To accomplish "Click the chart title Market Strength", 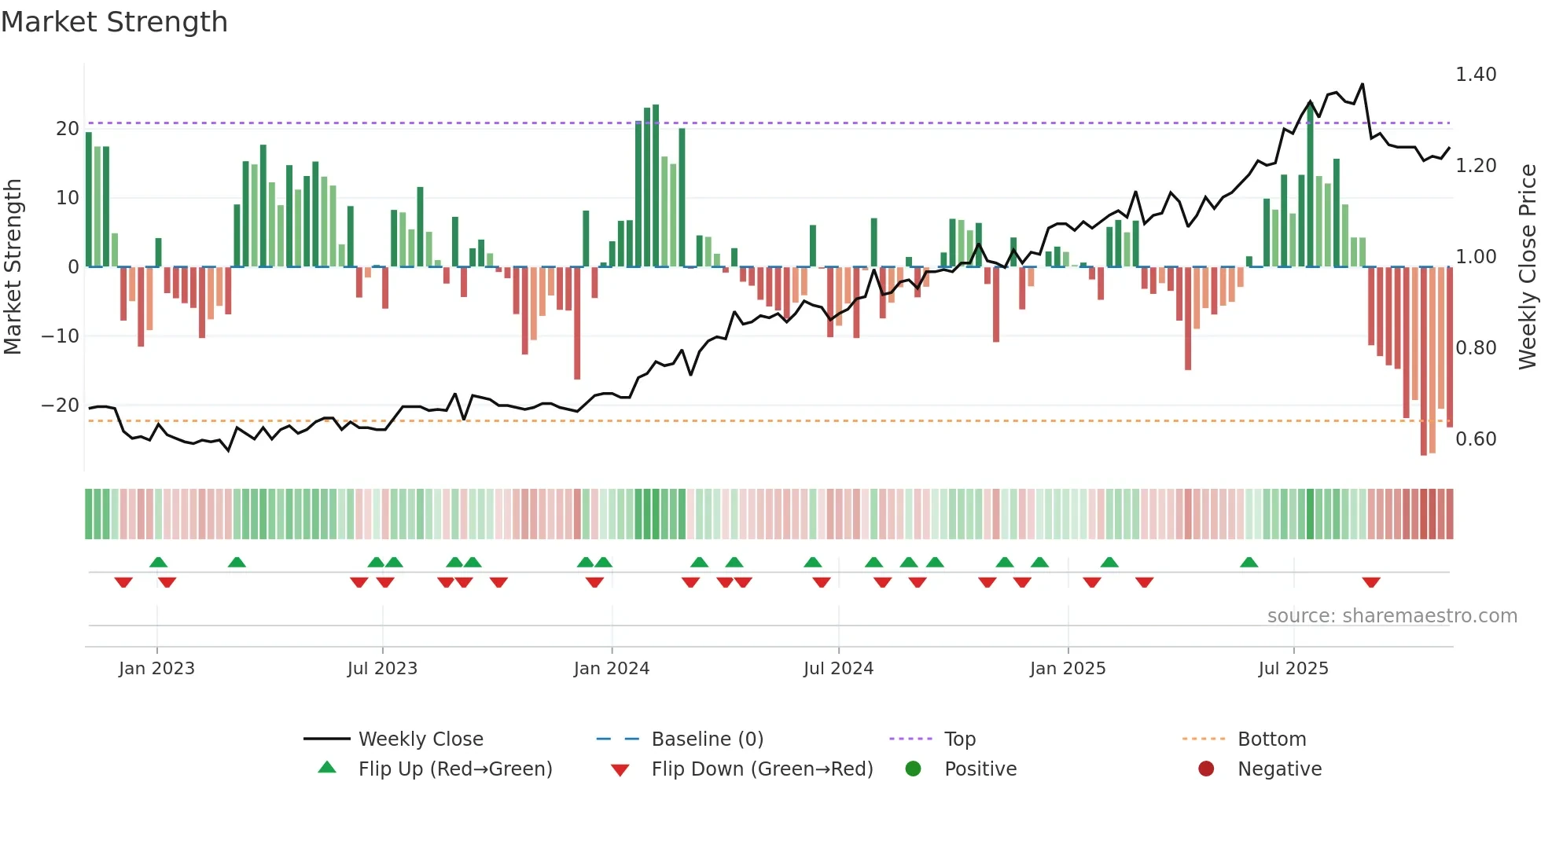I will [114, 22].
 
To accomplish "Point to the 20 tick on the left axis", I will [68, 129].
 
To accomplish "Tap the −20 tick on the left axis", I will [61, 405].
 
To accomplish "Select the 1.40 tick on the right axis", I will [1476, 75].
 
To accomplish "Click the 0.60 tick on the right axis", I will [1476, 439].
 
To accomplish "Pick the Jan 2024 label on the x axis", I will [611, 669].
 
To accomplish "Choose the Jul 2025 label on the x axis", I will [1293, 669].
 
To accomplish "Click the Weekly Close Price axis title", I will [1527, 266].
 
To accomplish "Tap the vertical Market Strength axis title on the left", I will [13, 266].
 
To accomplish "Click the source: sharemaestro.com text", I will [1392, 616].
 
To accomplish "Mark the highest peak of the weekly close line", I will [1363, 85].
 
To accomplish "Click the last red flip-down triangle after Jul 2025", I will [1371, 582].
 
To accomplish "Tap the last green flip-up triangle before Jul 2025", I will [1249, 563].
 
